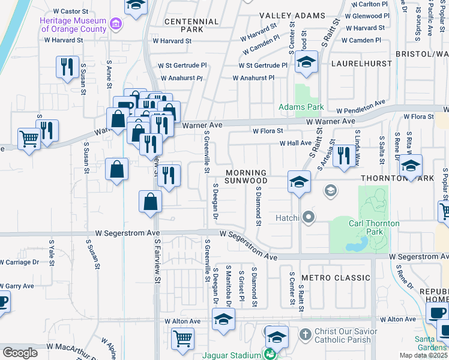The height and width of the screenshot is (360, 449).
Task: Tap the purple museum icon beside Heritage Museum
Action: click(x=116, y=25)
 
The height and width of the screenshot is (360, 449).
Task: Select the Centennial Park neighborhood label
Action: click(x=191, y=25)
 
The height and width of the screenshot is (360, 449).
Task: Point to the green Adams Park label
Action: click(x=301, y=107)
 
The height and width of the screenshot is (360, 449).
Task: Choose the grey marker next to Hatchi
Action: click(x=309, y=217)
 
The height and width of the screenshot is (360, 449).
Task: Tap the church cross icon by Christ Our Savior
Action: click(x=306, y=333)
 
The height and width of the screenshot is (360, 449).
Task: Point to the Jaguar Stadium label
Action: click(x=235, y=355)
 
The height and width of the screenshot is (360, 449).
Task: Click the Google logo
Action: click(x=20, y=353)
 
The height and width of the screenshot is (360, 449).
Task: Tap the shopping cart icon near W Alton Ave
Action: click(x=182, y=338)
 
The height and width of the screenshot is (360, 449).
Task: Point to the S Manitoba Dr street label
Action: click(x=228, y=284)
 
